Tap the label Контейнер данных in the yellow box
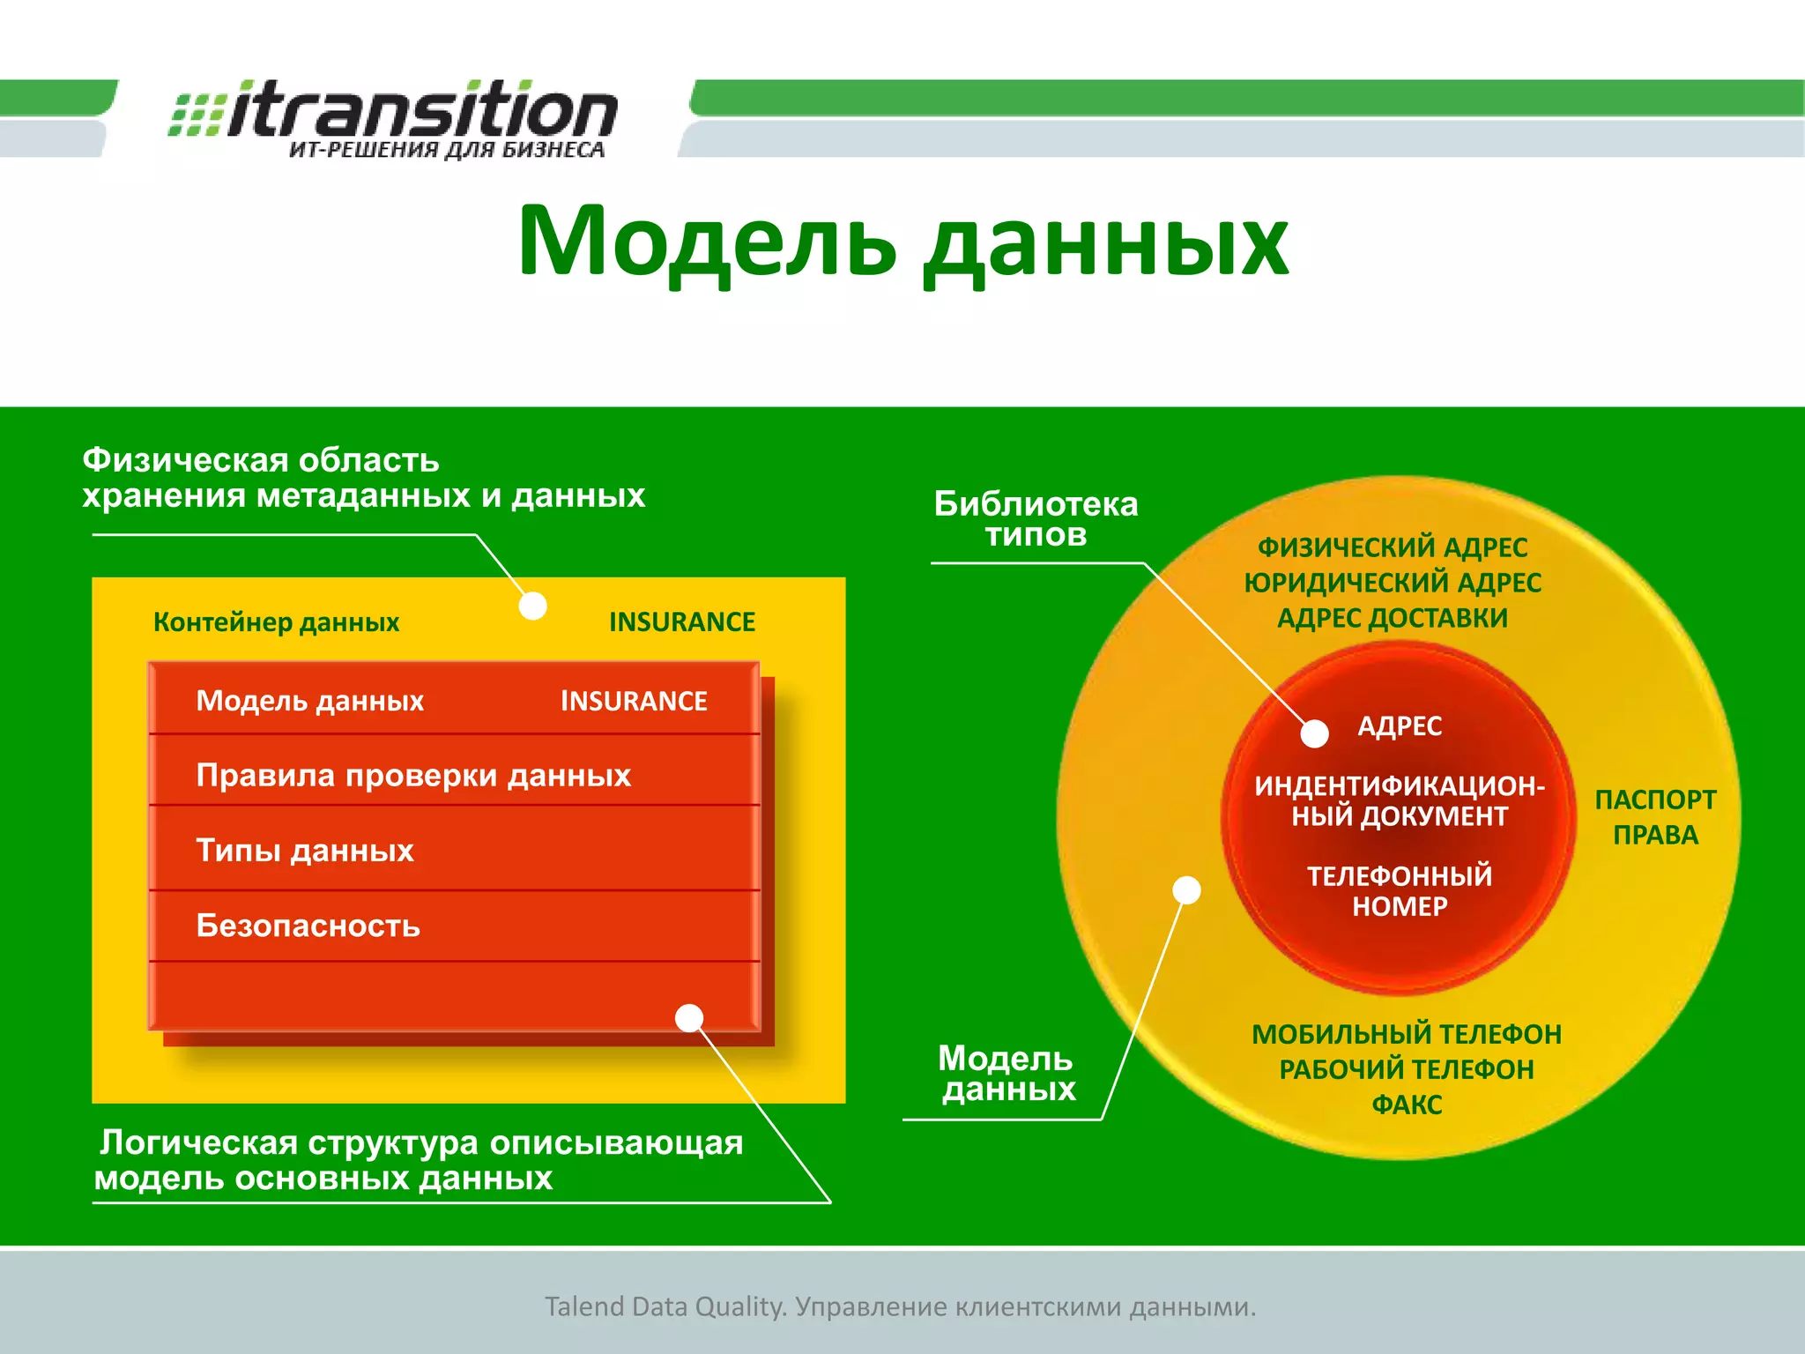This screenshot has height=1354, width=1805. pos(276,622)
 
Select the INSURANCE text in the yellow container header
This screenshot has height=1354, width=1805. pos(681,622)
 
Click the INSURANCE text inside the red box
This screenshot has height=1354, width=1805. pos(634,701)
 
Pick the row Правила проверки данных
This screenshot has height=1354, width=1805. pos(413,776)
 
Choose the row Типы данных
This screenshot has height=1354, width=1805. pos(305,851)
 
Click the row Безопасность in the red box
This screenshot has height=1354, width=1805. pos(308,926)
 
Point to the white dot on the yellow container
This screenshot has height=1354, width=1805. pos(532,606)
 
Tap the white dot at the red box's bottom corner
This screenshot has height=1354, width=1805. pos(689,1018)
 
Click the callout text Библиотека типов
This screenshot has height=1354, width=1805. pos(1036,519)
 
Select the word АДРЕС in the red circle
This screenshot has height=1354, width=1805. pos(1400,726)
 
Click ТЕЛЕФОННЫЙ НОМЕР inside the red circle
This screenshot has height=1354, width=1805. pos(1400,890)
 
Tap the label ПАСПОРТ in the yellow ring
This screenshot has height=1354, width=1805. pos(1655,800)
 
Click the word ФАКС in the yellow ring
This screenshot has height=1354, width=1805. pos(1407,1105)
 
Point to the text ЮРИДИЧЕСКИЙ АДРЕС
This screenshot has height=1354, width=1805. pos(1393,583)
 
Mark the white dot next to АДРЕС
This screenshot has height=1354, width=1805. pos(1315,733)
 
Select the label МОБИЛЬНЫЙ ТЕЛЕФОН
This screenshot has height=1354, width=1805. pos(1407,1034)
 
